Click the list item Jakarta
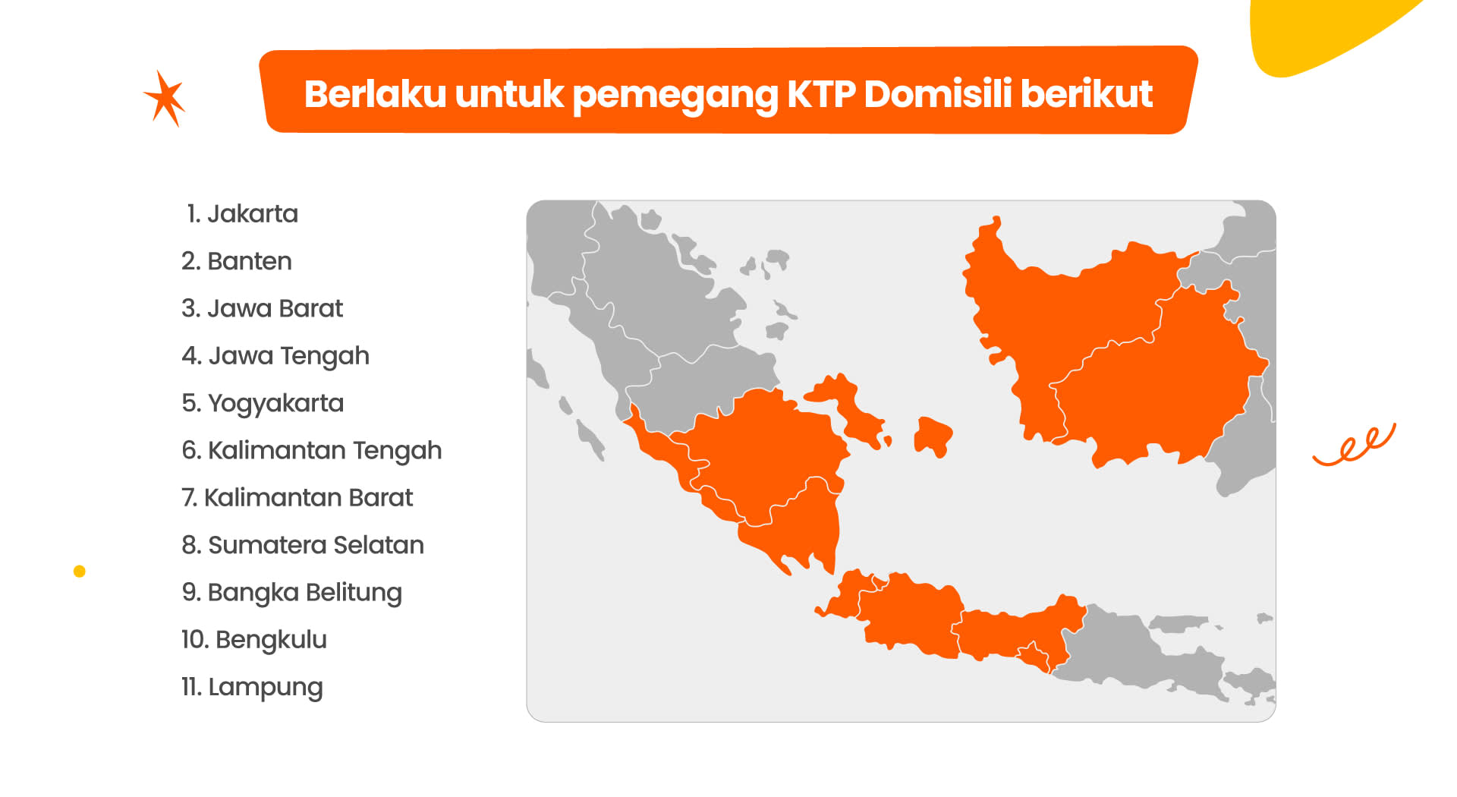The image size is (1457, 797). point(242,214)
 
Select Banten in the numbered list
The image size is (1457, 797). point(237,261)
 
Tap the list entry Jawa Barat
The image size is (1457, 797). point(262,308)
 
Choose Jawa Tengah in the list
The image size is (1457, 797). point(275,357)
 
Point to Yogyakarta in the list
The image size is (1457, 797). point(263,404)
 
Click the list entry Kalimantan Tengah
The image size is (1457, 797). point(311,451)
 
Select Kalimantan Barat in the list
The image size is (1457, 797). point(297,498)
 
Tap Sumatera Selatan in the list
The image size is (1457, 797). point(303,545)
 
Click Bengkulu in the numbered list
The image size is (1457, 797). point(254,640)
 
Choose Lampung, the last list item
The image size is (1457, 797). point(252,688)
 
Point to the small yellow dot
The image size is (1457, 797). point(80,572)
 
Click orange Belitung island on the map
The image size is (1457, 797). point(933,436)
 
